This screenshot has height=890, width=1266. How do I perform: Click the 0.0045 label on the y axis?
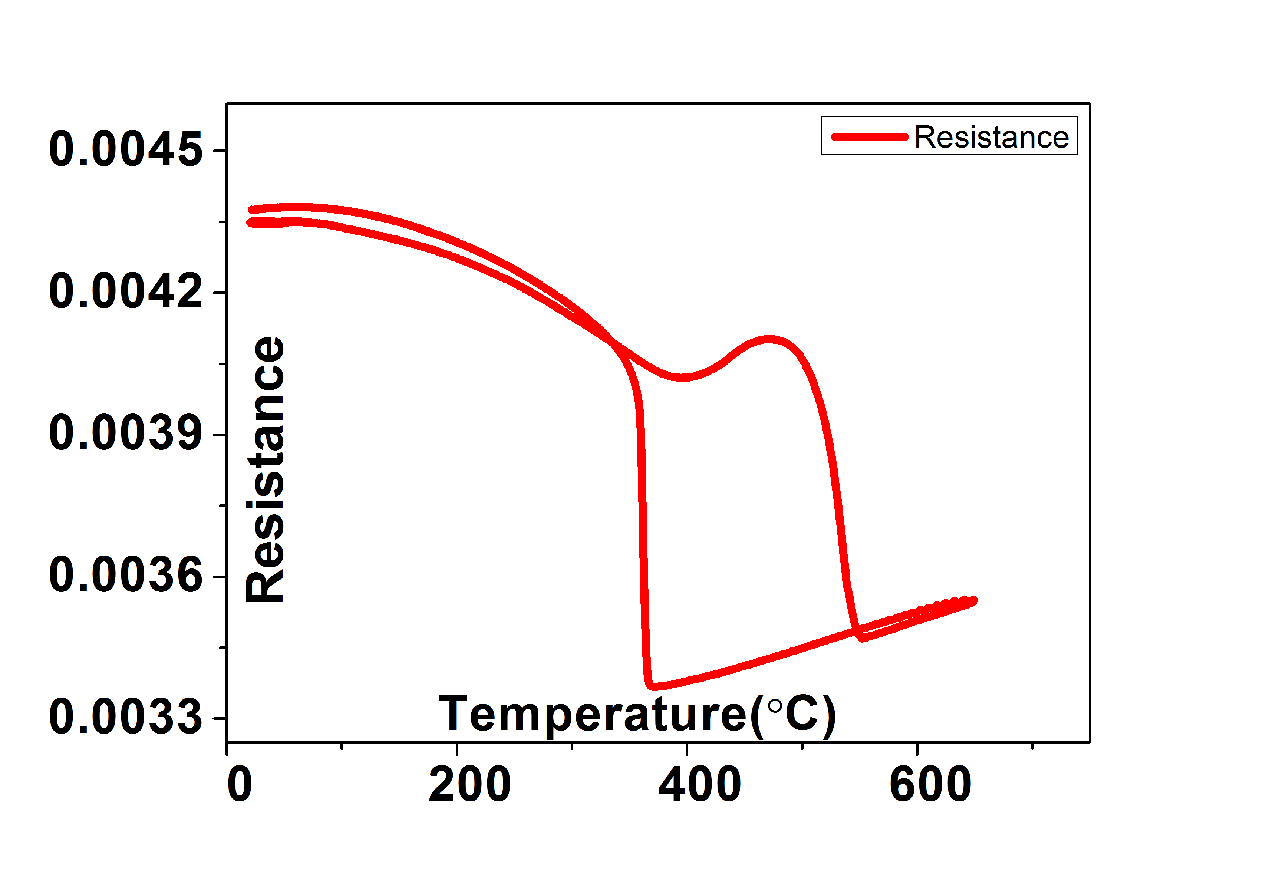tap(126, 149)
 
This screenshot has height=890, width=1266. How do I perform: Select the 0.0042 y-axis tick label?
tap(126, 292)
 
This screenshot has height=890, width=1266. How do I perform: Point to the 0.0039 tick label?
tap(126, 434)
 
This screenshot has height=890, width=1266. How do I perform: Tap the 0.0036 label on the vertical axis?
tap(126, 576)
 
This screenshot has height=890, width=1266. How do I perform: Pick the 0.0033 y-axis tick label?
tap(126, 718)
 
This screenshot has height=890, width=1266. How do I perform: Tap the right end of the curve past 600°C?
tap(974, 600)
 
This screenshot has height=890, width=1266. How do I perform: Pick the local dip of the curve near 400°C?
tap(683, 377)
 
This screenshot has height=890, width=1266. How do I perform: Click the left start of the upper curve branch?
tap(251, 210)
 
